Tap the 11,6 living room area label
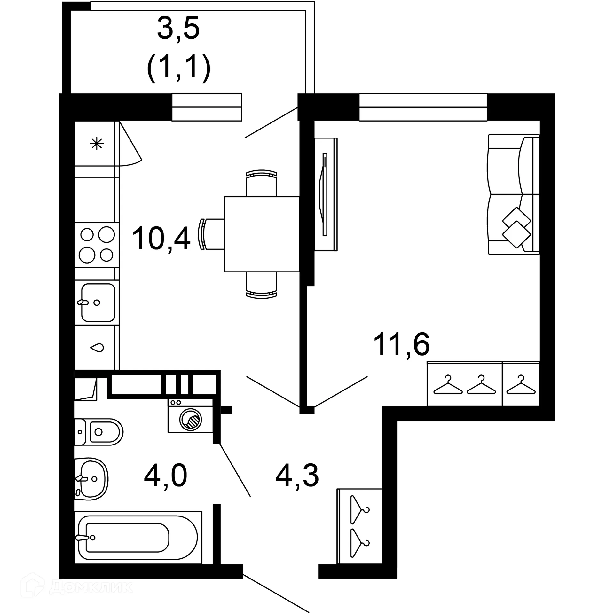click(401, 344)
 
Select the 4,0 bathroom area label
click(165, 476)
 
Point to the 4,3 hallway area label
click(297, 476)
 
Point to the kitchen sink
click(97, 302)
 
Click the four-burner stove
click(97, 245)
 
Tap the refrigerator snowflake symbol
click(97, 144)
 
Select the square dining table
click(262, 234)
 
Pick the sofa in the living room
click(513, 194)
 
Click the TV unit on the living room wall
click(326, 194)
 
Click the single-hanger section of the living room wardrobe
click(521, 384)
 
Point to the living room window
click(423, 107)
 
